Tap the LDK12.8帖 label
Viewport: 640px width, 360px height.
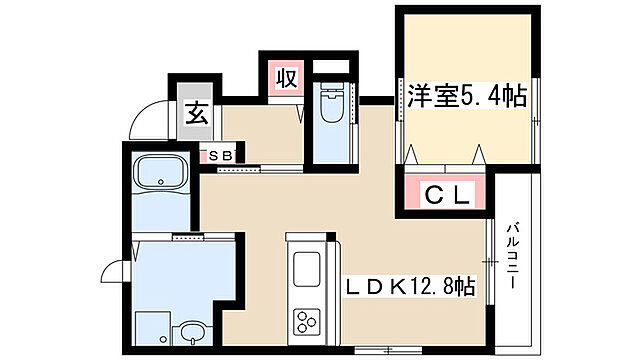click(x=409, y=286)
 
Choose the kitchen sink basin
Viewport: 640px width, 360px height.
click(x=304, y=270)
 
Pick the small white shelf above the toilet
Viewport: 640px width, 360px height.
click(x=331, y=69)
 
